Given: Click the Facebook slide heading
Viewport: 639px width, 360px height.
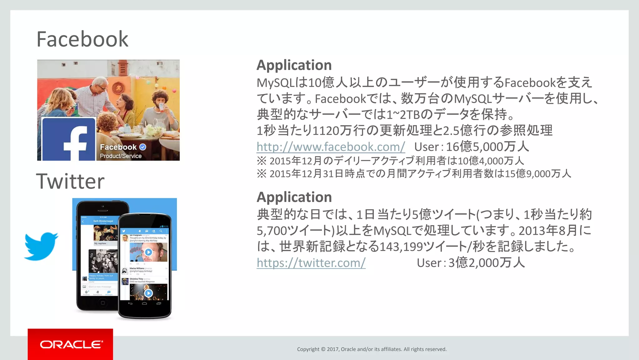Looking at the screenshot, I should click(82, 39).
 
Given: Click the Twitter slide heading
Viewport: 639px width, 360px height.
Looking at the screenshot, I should click(70, 181).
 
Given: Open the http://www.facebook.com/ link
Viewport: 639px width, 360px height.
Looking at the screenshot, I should click(331, 147).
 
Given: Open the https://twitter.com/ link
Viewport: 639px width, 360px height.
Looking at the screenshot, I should click(311, 263).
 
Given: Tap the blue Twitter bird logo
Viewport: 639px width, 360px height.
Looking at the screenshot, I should click(41, 246).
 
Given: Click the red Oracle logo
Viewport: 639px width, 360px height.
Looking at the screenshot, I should click(71, 344).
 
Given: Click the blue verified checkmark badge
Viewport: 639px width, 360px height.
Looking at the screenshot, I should click(143, 147).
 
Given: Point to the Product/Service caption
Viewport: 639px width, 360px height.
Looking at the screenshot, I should click(121, 156).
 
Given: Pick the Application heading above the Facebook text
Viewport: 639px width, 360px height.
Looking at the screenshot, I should click(294, 65).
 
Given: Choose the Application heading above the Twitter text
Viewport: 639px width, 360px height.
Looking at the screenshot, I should click(294, 197).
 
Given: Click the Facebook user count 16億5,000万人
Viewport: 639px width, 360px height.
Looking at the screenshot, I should click(487, 147).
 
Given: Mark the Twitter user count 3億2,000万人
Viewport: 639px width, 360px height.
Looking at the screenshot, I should click(487, 263).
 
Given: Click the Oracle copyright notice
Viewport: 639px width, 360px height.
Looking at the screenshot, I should click(372, 349).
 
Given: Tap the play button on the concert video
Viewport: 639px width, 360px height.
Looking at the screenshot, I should click(149, 293).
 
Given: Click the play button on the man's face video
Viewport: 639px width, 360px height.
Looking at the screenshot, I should click(149, 252).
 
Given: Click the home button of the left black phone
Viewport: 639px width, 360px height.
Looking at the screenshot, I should click(103, 303).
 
